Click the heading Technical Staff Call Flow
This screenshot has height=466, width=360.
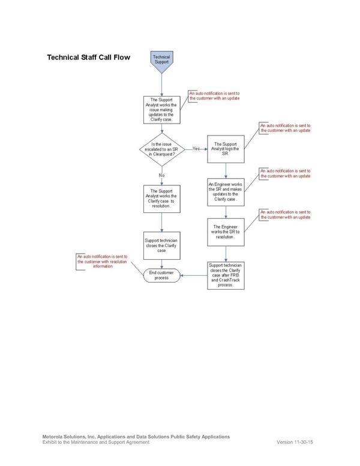click(x=88, y=58)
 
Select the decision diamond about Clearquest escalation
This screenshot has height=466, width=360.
click(x=161, y=148)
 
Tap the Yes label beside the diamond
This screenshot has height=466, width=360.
click(x=196, y=148)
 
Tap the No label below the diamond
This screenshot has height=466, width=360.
click(x=161, y=175)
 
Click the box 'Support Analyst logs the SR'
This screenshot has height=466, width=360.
click(x=226, y=148)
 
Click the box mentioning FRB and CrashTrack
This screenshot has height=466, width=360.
click(x=226, y=275)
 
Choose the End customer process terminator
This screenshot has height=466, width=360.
click(x=161, y=276)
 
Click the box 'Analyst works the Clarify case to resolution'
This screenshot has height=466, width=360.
click(x=161, y=197)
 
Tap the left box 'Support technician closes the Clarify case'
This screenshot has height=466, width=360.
click(x=161, y=245)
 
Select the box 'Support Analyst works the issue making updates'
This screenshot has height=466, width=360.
click(x=161, y=110)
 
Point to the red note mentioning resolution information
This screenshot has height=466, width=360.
click(x=103, y=261)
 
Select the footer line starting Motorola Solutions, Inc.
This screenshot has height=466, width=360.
click(x=136, y=437)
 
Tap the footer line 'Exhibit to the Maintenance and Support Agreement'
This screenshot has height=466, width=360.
click(x=95, y=442)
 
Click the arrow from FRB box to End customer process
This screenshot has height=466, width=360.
click(x=194, y=276)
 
